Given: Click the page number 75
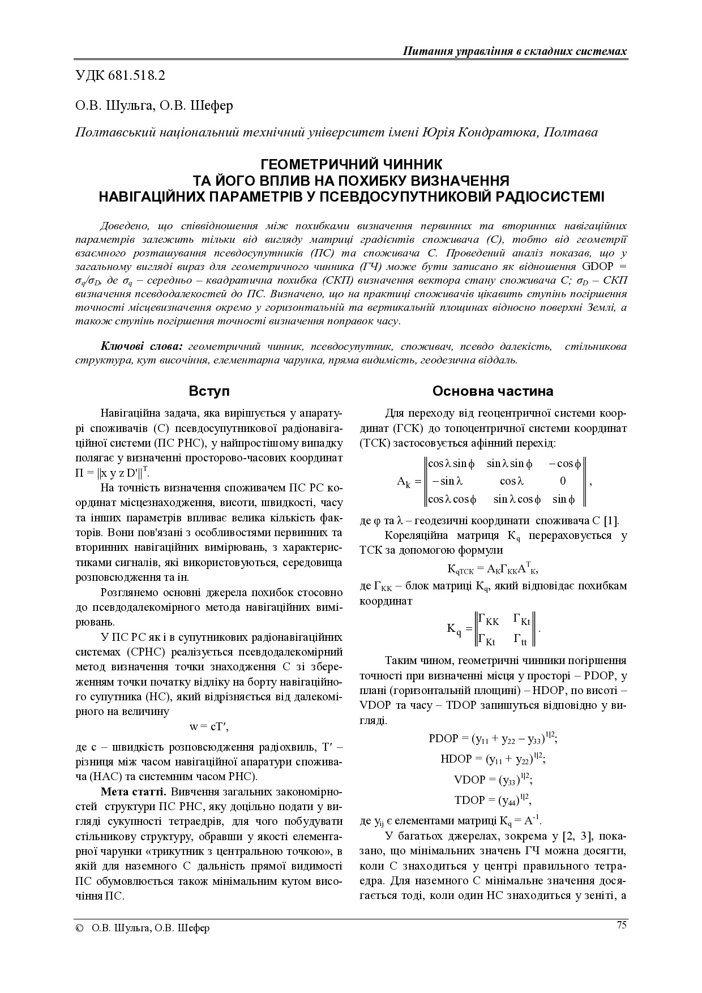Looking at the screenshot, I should [621, 925].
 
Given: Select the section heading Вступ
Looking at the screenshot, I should [209, 391].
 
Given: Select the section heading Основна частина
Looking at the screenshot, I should [493, 391].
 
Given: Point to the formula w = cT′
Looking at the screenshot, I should [209, 726].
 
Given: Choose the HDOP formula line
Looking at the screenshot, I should [493, 759].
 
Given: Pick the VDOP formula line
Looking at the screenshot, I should [493, 780].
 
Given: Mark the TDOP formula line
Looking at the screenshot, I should [493, 800].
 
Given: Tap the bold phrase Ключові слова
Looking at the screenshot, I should [142, 346].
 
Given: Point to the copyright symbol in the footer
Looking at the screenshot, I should [80, 928].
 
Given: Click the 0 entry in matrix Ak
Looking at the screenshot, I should [563, 481].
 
